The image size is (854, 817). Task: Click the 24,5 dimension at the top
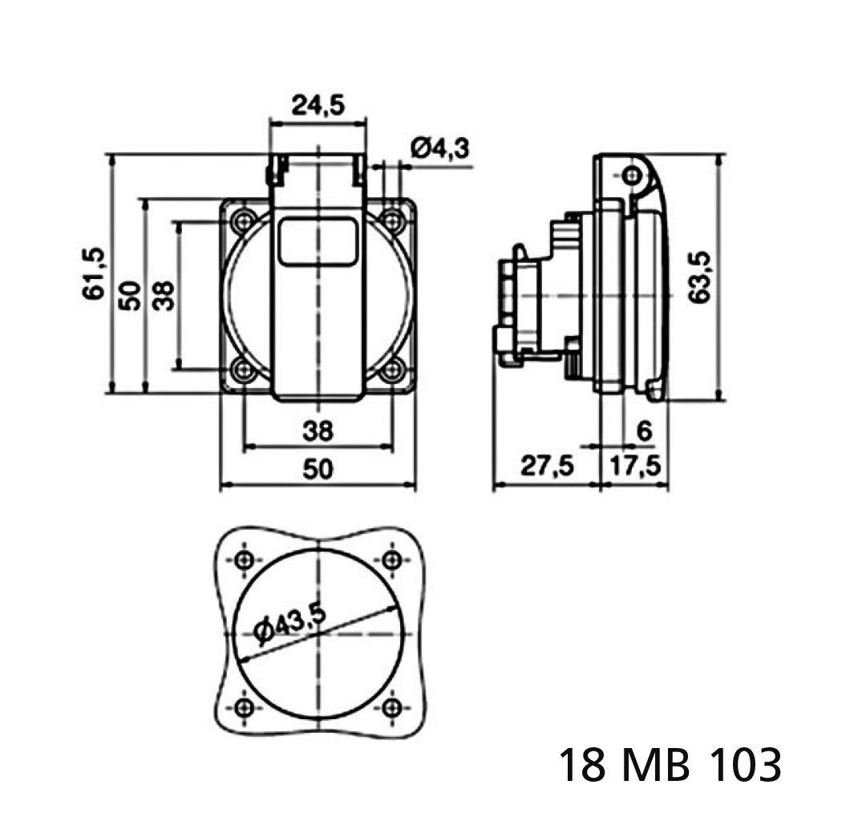coord(318,106)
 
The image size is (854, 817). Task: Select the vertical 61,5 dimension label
coord(93,274)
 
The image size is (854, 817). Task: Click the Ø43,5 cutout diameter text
coord(289,623)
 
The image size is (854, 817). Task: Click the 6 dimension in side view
coord(643,431)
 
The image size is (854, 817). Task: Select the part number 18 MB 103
coord(669,765)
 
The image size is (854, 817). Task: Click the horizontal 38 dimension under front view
coord(318,431)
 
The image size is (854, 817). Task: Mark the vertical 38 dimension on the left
coord(164,295)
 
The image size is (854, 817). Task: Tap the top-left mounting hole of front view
coord(243,220)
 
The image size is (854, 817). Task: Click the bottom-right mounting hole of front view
coord(392,370)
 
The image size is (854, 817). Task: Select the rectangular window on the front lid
coord(318,241)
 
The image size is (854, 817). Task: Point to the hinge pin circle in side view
coord(633,174)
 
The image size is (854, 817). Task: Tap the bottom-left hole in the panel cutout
coord(245,706)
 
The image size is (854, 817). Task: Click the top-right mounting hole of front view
coord(392,220)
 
